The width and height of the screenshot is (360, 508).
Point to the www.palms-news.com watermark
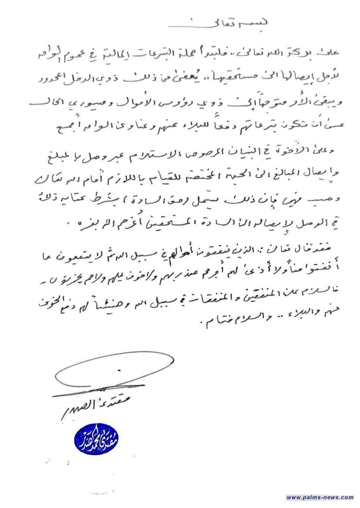coord(319,497)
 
